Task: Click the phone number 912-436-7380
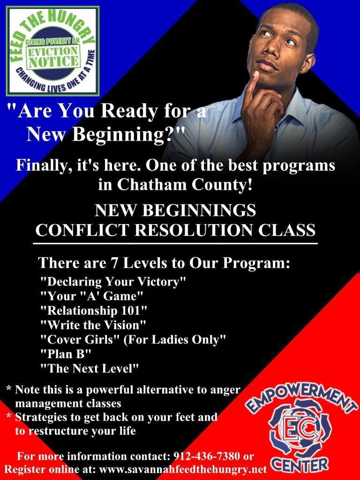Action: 207,456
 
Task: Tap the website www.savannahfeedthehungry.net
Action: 183,469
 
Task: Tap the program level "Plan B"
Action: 66,354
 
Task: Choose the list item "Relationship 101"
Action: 94,310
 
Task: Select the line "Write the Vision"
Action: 93,325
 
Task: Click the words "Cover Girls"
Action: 80,339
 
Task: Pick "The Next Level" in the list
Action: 90,368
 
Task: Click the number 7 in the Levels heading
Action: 114,263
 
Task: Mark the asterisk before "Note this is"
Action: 9,389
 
